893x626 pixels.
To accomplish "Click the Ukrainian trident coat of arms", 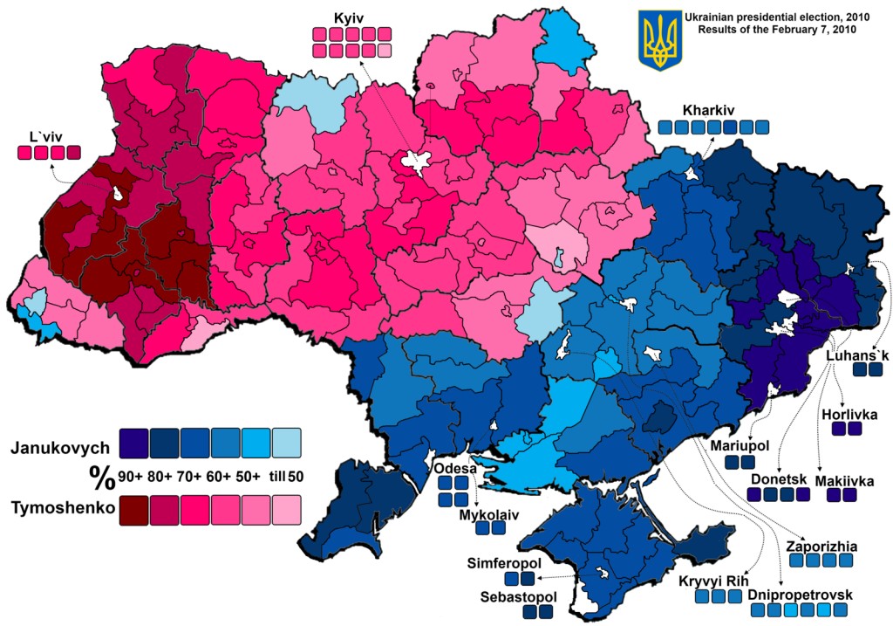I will click(658, 40).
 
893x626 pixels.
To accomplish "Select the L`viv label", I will click(45, 135).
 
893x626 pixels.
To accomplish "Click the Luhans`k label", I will click(858, 355).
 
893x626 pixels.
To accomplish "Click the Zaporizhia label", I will click(821, 547).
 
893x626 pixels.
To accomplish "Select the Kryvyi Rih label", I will click(712, 581).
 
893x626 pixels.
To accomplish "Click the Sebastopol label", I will click(518, 596).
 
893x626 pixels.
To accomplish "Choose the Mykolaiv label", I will click(488, 514).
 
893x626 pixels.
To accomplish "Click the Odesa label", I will click(454, 469).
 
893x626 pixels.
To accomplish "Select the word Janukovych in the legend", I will click(60, 448).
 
